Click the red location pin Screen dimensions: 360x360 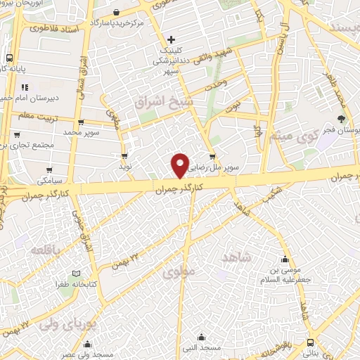tap(181, 165)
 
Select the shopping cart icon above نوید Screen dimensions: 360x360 tap(124, 156)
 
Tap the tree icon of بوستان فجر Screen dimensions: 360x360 tap(341, 119)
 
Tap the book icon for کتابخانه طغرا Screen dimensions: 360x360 tap(77, 274)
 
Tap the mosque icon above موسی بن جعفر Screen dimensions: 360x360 tap(285, 259)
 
